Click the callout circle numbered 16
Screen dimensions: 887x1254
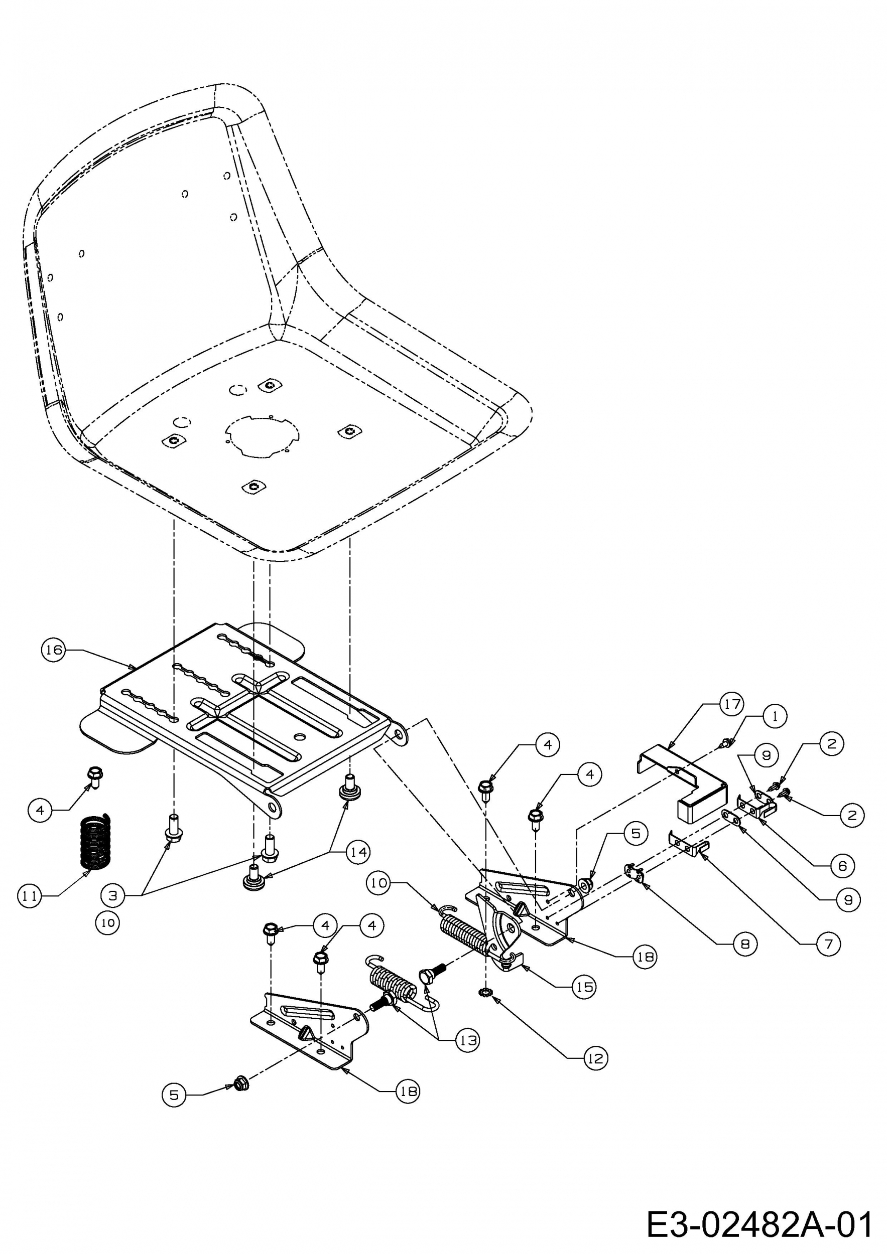[53, 650]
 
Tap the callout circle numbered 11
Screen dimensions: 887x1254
[30, 896]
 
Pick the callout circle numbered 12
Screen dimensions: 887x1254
[595, 1058]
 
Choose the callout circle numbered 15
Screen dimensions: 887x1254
[584, 987]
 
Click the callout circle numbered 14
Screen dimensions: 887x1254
[358, 852]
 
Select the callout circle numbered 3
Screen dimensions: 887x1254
[113, 896]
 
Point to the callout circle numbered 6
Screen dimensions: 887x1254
[842, 865]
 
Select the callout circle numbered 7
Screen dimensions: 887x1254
[829, 944]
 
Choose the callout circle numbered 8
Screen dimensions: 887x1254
[745, 944]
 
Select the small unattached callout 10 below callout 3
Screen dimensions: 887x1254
[107, 922]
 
